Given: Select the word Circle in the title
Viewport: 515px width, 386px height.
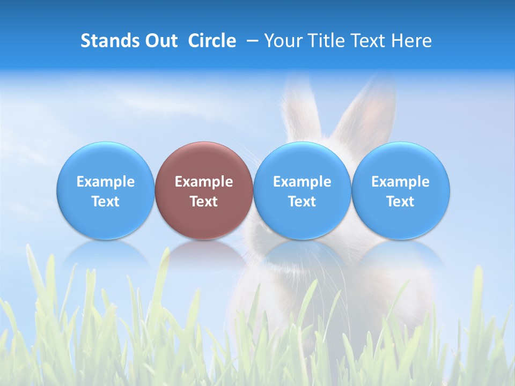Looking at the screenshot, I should [212, 41].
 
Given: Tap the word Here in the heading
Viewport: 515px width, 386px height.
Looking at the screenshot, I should [411, 41].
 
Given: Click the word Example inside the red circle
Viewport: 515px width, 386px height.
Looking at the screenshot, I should [204, 182].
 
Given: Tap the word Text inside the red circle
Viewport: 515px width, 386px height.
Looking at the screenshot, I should [204, 202].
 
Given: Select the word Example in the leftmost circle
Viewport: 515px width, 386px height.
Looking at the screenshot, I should [105, 182].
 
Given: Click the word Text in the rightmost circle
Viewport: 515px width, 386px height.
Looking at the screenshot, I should [401, 202].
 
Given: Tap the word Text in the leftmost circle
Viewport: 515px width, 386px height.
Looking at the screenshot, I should [105, 202].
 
